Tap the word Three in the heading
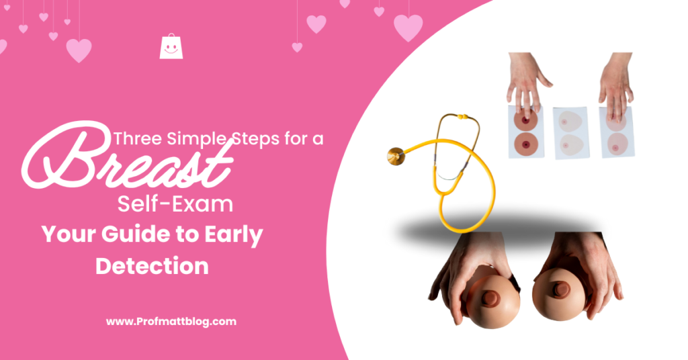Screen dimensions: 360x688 point(138,140)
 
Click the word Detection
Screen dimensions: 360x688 point(152,265)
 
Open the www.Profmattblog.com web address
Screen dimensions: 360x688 point(171,322)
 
